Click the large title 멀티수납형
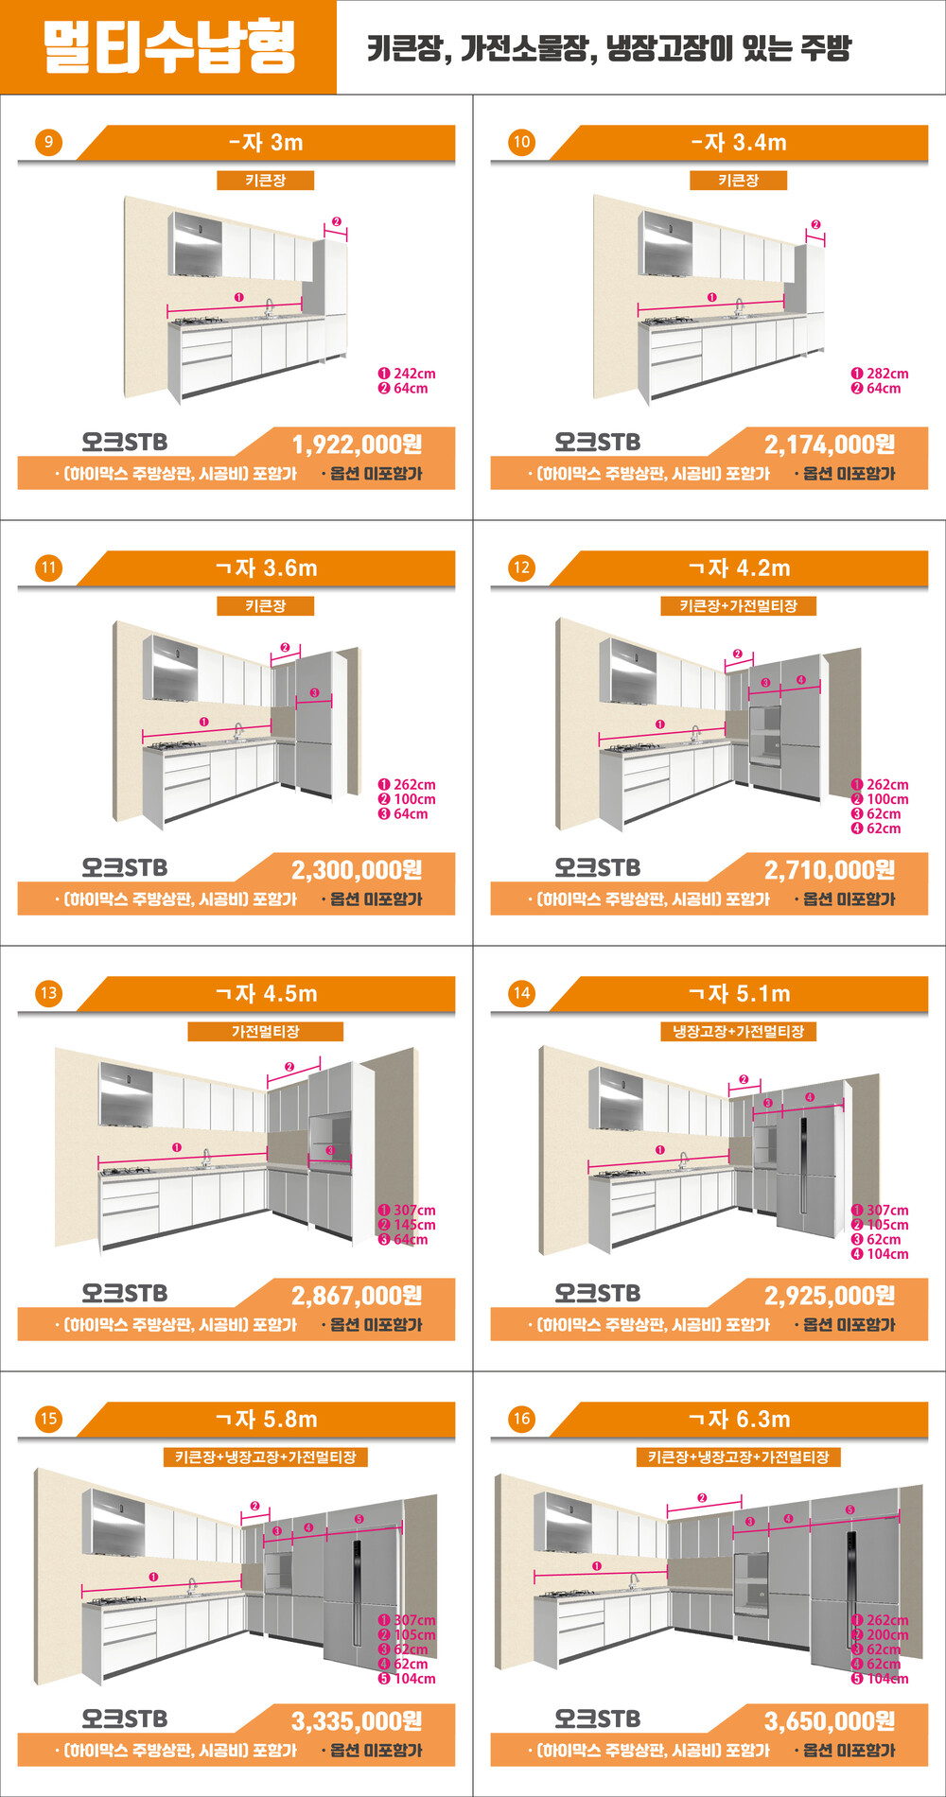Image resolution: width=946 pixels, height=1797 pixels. coord(169,46)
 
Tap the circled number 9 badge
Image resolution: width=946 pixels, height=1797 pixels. coord(48,142)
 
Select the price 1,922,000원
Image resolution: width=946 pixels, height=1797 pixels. coord(357,444)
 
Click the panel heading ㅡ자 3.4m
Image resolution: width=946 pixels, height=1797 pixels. coord(739,142)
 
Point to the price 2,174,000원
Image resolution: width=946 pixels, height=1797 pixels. coord(830,444)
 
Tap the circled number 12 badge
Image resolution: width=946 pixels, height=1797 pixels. coord(521,567)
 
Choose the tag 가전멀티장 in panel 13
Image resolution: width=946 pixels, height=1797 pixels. coord(265,1031)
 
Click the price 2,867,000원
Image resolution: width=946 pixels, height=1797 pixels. coord(357,1295)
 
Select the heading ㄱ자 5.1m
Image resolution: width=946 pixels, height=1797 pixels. coord(739,993)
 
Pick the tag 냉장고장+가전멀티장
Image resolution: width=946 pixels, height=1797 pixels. coord(738,1031)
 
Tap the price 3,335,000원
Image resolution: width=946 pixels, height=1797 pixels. coord(357,1720)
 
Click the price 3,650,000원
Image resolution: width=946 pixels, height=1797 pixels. coord(830,1720)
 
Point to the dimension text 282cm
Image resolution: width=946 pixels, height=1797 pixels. coord(887,374)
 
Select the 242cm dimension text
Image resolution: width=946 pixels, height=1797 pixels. coord(414,374)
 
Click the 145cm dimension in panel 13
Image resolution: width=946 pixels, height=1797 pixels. coord(414,1225)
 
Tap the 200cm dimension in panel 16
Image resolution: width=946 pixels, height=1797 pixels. coord(887,1634)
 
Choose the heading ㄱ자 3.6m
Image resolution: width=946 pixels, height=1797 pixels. coord(266,567)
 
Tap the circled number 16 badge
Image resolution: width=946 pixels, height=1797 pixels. coord(521,1419)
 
